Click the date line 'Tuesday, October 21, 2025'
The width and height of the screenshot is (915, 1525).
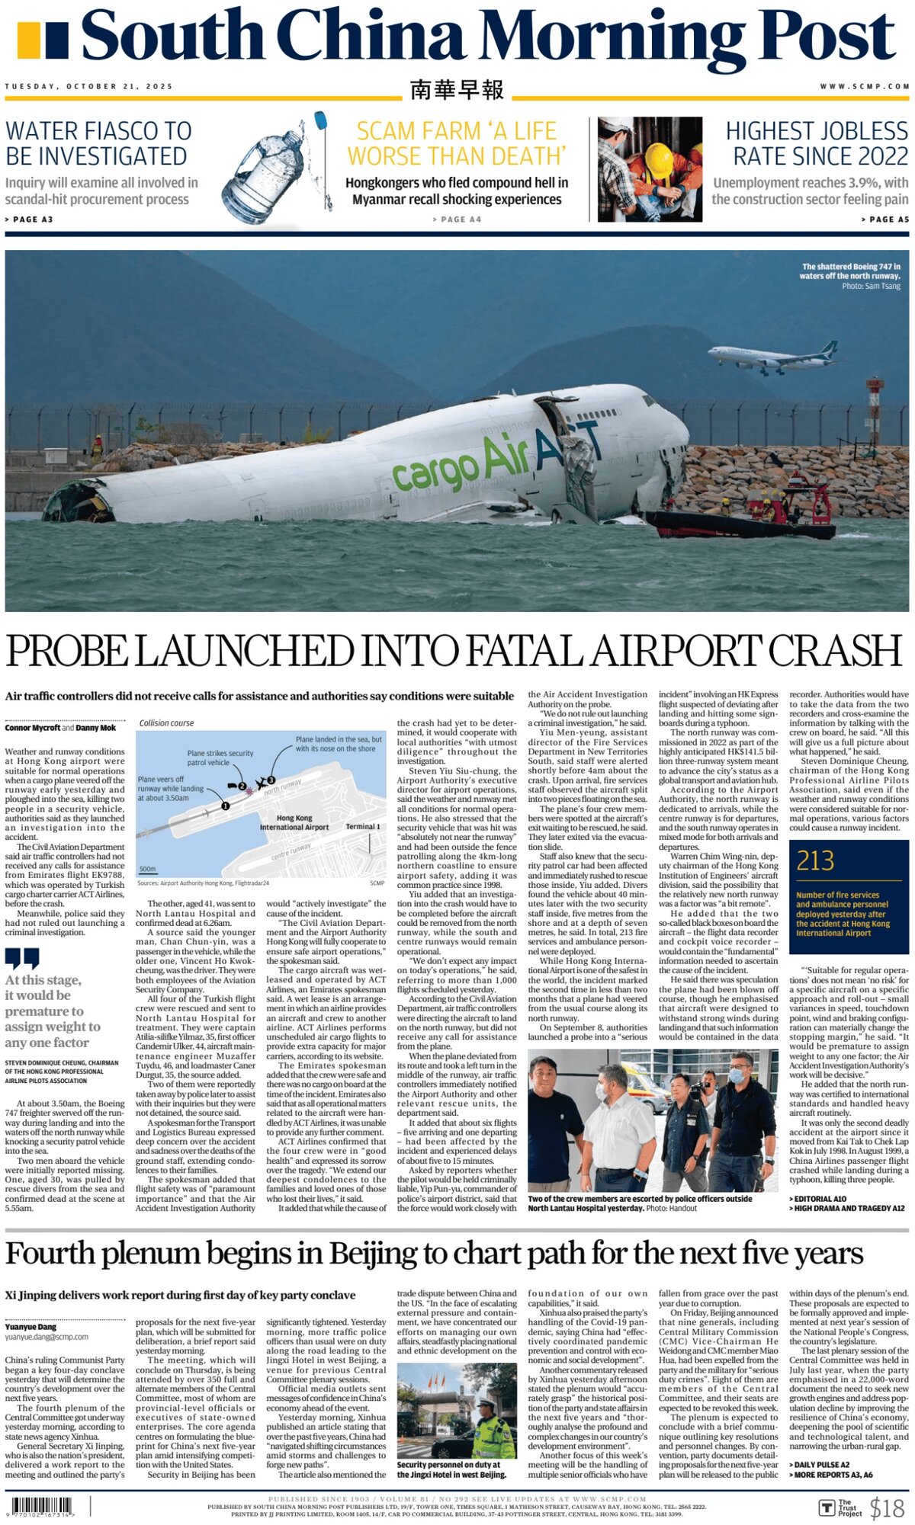89,86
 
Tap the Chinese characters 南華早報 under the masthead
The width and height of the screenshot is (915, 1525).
457,90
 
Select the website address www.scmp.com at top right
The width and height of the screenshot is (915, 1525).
865,86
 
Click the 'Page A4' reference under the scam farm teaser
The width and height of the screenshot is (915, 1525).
457,219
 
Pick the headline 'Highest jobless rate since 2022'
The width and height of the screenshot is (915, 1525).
817,143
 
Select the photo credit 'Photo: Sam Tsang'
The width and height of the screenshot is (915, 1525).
871,287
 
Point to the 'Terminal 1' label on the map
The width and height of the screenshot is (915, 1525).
363,826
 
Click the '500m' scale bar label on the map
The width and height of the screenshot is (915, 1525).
148,869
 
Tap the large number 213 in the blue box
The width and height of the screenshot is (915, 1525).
815,861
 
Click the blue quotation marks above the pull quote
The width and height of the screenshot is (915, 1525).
21,958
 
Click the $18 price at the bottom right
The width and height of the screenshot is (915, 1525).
887,1507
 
